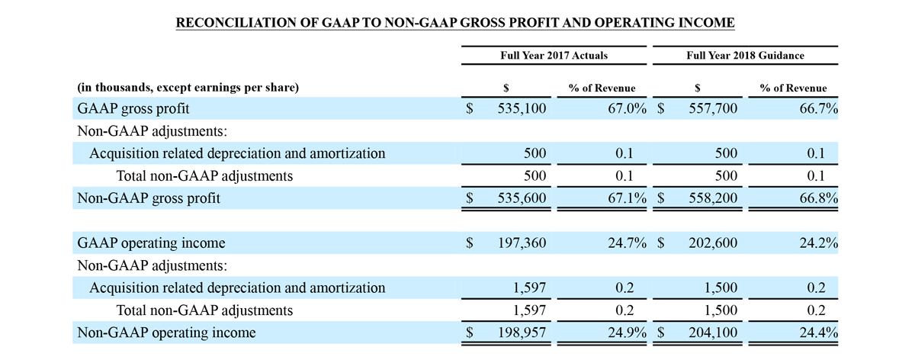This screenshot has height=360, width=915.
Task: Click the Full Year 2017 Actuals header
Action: coord(554,56)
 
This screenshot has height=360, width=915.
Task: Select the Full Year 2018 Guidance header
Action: coord(745,56)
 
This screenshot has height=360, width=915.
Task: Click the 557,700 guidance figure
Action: coord(713,109)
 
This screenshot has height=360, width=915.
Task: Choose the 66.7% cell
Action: coord(818,109)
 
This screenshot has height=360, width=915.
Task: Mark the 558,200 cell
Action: coord(713,198)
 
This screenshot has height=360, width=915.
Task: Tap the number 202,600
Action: coord(713,243)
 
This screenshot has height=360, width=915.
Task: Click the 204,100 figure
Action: coord(713,333)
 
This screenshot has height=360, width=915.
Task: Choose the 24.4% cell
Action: coord(818,333)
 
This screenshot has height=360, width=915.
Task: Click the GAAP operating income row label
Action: coord(152,243)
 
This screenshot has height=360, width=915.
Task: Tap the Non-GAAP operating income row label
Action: coord(167,333)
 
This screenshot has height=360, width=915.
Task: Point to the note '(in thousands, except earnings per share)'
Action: coord(188,88)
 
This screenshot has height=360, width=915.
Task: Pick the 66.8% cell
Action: coord(818,198)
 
